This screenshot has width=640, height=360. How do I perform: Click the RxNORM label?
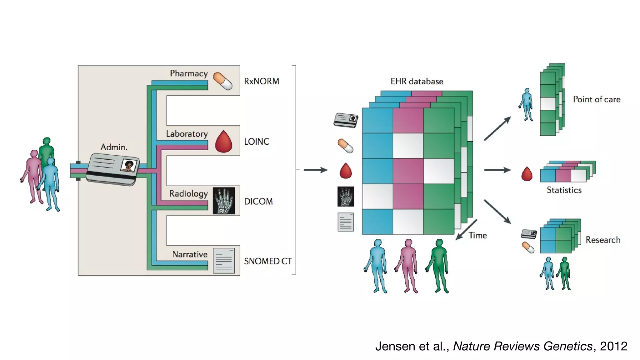click(261, 81)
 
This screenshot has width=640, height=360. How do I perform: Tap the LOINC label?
click(256, 142)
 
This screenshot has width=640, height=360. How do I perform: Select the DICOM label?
click(258, 201)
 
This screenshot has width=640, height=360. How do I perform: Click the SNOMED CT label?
click(267, 261)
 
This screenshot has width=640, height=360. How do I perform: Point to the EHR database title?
click(417, 82)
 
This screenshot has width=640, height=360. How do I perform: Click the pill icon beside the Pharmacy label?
click(222, 81)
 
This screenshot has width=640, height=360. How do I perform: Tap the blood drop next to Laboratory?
click(224, 142)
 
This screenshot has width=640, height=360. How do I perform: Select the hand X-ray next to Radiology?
click(224, 201)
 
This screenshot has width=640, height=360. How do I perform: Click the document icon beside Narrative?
click(224, 261)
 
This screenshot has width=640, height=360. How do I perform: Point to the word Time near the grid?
click(477, 235)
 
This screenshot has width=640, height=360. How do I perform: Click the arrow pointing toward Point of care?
click(497, 129)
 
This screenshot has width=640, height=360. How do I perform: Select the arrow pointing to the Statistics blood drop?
click(497, 170)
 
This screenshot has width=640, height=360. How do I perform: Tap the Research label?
click(602, 240)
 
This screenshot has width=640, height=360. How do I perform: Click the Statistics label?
click(564, 190)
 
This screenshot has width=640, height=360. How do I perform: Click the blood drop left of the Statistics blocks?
click(527, 174)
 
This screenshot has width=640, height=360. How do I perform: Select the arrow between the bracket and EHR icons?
click(315, 170)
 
